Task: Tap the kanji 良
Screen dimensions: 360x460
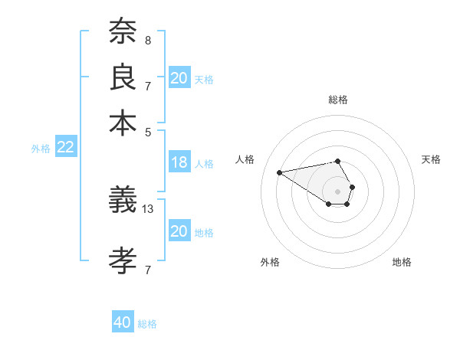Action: click(123, 77)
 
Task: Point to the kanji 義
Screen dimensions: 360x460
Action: click(123, 202)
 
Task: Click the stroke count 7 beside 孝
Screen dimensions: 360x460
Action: click(147, 270)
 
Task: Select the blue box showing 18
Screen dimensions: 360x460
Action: click(179, 162)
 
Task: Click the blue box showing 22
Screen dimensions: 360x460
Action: click(65, 148)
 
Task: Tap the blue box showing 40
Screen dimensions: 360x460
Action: click(123, 322)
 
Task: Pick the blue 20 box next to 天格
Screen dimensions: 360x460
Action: click(179, 78)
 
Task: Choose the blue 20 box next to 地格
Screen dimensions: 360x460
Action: click(179, 231)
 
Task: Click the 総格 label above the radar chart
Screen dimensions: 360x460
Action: click(338, 100)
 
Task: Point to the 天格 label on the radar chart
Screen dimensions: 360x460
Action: click(431, 159)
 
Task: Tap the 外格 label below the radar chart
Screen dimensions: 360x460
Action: click(270, 262)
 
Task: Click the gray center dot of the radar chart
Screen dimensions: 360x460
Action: click(338, 191)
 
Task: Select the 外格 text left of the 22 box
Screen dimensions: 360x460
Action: click(41, 149)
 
